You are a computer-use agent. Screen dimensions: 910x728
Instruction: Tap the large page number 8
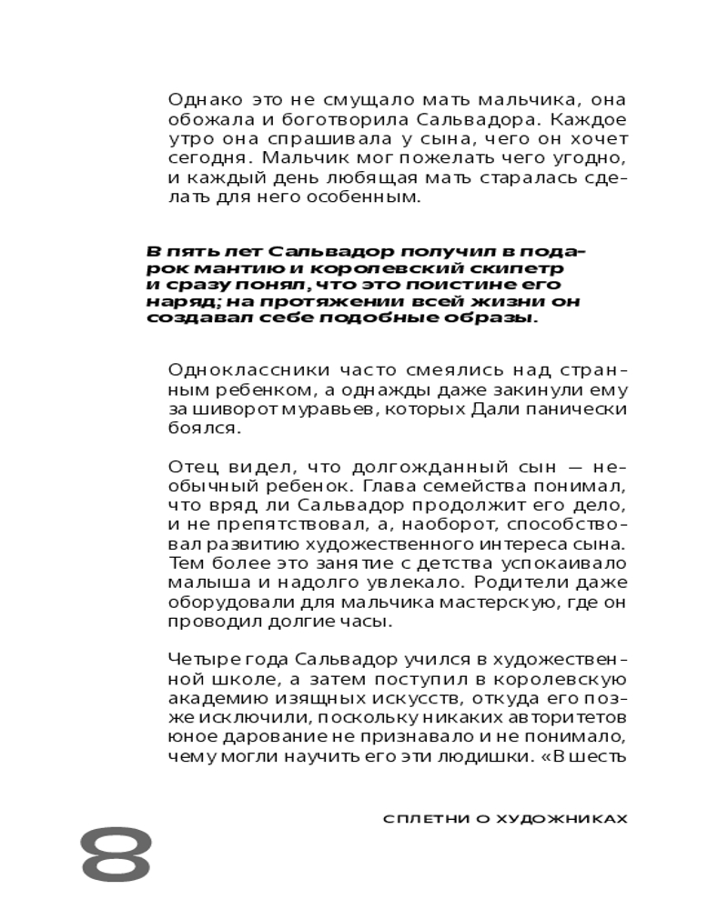tap(116, 856)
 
